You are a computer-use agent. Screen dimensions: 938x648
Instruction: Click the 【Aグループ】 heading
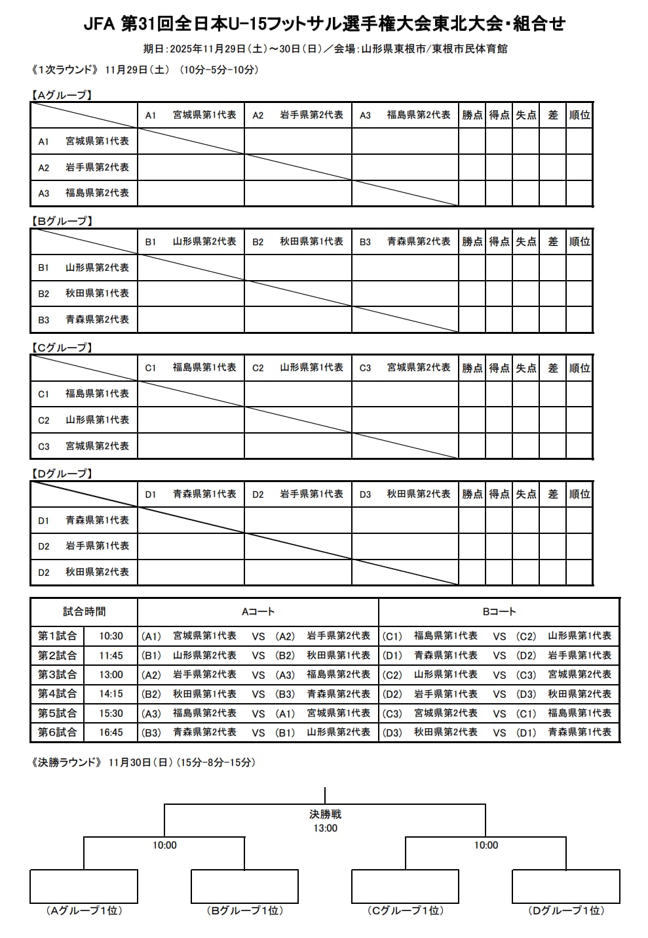(x=62, y=95)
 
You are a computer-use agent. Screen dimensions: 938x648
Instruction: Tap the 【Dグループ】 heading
(x=62, y=474)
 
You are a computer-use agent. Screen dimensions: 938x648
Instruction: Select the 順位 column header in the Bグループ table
(x=579, y=241)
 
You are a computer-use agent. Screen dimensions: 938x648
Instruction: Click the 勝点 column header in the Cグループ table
(x=472, y=368)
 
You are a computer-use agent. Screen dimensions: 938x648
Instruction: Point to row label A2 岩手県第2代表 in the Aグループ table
(x=84, y=167)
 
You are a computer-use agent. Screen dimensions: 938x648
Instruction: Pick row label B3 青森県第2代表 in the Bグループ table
(x=84, y=319)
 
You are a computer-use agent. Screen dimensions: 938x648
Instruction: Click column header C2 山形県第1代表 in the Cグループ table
(x=298, y=368)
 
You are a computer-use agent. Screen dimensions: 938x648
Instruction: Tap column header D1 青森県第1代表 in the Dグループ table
(x=191, y=494)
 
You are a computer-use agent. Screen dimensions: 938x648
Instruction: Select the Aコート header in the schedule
(x=258, y=611)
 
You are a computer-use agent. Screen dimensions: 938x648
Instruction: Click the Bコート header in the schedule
(x=499, y=611)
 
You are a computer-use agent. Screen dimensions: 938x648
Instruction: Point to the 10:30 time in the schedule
(x=111, y=636)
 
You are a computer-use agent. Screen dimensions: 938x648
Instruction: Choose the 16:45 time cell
(x=111, y=732)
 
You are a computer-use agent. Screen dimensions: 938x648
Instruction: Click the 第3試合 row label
(x=57, y=674)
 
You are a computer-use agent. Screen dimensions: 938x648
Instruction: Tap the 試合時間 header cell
(x=84, y=611)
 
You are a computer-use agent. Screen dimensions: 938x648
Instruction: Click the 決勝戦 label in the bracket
(x=325, y=814)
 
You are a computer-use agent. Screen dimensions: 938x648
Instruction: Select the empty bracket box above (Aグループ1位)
(x=84, y=886)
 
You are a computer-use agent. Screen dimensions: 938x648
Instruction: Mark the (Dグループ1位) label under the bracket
(x=566, y=910)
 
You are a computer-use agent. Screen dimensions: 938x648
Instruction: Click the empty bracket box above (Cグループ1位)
(x=406, y=886)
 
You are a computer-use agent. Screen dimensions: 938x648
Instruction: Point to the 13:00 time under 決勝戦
(x=325, y=828)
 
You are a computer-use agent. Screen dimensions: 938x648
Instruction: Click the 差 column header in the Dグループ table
(x=552, y=494)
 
